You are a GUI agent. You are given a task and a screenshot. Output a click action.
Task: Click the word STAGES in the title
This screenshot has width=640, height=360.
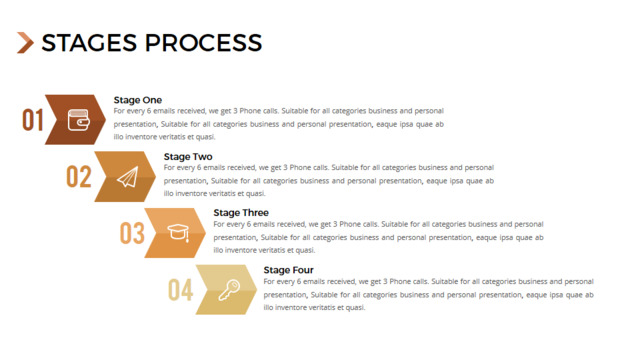click(89, 42)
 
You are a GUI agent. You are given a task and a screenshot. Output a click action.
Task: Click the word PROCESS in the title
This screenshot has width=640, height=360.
click(204, 42)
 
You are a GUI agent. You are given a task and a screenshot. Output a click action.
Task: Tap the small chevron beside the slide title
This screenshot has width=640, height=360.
click(25, 42)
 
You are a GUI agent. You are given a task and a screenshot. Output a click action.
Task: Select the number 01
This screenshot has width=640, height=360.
click(33, 120)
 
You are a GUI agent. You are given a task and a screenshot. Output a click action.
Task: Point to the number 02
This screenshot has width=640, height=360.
click(79, 177)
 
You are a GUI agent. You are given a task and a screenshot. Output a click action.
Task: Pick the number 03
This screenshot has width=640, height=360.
click(132, 233)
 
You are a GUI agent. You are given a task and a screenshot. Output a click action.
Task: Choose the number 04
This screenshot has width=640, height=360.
click(180, 290)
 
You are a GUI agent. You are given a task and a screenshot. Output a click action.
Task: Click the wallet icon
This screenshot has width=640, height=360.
click(78, 120)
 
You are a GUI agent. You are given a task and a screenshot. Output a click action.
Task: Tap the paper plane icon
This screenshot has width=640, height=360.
click(128, 177)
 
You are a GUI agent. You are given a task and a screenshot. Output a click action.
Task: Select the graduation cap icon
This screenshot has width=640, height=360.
click(178, 233)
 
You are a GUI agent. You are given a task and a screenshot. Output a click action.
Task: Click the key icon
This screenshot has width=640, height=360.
click(229, 290)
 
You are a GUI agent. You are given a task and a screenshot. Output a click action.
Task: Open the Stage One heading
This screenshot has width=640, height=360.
click(138, 100)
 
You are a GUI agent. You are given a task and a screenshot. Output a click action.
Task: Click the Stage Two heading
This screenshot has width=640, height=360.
click(188, 157)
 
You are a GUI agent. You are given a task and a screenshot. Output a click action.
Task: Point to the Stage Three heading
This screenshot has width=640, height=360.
click(241, 213)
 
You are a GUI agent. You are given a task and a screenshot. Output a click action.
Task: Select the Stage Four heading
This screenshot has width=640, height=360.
click(289, 270)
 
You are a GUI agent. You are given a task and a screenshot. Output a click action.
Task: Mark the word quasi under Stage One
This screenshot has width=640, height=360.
click(205, 137)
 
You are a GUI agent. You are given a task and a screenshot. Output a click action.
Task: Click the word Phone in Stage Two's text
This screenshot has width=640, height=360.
click(300, 167)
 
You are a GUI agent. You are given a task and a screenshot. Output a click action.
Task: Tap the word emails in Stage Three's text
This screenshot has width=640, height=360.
click(264, 224)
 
